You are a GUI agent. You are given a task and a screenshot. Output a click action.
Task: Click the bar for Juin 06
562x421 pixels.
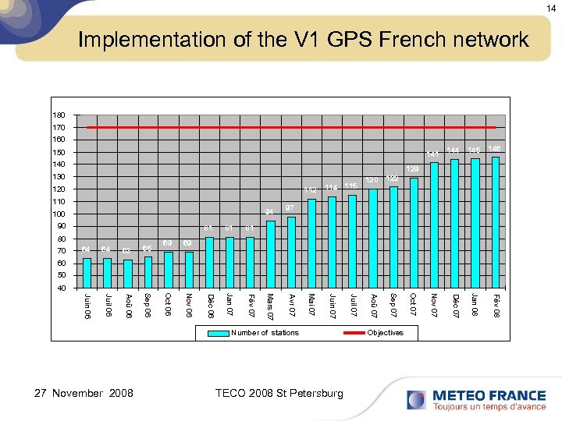click(x=87, y=273)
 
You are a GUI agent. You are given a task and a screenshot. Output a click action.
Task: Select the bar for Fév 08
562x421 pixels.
click(x=496, y=222)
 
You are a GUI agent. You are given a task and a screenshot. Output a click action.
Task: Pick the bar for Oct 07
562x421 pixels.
click(x=414, y=233)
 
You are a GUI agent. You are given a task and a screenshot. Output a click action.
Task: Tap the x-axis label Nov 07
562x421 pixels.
click(x=434, y=305)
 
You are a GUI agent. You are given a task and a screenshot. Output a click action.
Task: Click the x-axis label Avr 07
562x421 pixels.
click(x=291, y=304)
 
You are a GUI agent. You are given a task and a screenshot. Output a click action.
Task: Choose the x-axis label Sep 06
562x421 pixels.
click(x=148, y=305)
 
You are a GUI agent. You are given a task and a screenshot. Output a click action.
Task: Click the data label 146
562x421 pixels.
click(x=494, y=148)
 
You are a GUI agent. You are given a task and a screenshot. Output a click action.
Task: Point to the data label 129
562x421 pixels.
click(x=413, y=169)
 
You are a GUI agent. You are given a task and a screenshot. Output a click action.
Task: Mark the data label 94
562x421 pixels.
click(x=269, y=212)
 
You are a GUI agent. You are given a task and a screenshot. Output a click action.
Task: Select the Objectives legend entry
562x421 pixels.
click(x=385, y=333)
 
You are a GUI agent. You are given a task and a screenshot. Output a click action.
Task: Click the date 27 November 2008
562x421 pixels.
click(x=77, y=393)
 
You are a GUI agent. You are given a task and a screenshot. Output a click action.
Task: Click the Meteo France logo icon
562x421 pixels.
click(x=416, y=400)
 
